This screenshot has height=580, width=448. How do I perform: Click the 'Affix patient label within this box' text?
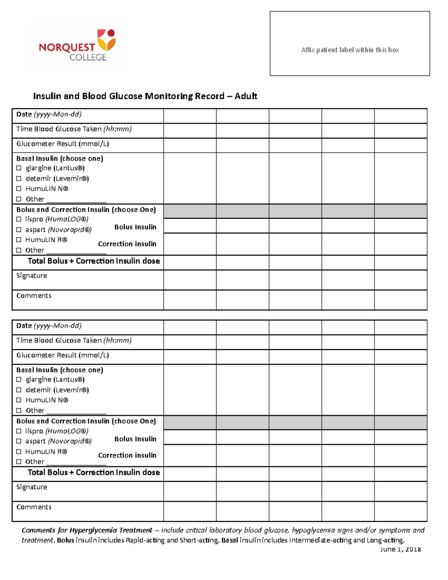tap(350, 50)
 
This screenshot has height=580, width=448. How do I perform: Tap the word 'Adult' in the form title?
tap(246, 96)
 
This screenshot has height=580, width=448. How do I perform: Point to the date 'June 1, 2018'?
tap(400, 549)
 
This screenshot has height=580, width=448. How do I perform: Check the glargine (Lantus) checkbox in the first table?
tap(19, 168)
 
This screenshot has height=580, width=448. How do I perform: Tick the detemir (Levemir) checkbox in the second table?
tap(19, 390)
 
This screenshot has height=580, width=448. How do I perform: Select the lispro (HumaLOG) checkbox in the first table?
tap(19, 220)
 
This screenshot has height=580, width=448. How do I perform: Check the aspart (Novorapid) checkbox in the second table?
tap(19, 441)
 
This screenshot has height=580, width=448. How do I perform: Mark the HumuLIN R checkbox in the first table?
tap(19, 240)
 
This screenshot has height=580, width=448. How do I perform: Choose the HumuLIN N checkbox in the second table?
tap(19, 400)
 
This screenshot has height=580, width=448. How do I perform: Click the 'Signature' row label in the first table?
tap(32, 276)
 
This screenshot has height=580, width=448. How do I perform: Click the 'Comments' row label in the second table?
tap(34, 507)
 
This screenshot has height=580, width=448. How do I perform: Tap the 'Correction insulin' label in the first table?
tap(127, 244)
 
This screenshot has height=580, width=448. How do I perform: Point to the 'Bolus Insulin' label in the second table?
tap(135, 439)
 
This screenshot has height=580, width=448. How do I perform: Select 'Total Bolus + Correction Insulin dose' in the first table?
tap(94, 261)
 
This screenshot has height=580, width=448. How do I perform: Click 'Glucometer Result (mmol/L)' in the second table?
tap(63, 355)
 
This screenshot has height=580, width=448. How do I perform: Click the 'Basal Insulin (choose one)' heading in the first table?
tap(60, 158)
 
